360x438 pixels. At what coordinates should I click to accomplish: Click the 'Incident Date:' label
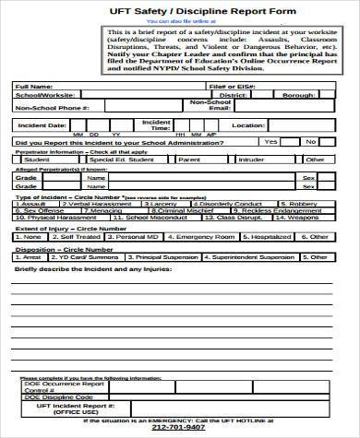(x=42, y=124)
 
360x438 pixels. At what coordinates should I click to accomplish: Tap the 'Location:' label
(x=247, y=124)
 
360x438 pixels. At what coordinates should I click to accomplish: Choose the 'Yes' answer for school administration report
(x=270, y=141)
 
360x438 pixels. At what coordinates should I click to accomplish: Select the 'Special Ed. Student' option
(x=115, y=159)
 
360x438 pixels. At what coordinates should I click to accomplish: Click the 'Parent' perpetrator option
(x=189, y=159)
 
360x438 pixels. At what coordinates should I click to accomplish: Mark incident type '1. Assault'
(x=32, y=203)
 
